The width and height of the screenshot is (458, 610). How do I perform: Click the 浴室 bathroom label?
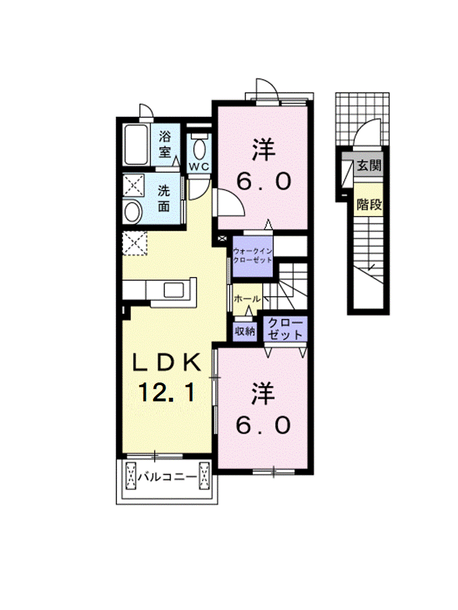[x=165, y=144]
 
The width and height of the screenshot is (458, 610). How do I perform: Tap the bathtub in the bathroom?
[x=136, y=145]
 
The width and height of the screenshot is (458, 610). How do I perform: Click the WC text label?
[x=199, y=166]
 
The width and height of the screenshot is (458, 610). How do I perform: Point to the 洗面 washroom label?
[x=164, y=198]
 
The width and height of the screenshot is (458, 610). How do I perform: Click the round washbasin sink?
[x=133, y=212]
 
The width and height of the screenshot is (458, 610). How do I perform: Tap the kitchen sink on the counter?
[x=174, y=290]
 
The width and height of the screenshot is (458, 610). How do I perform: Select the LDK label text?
[x=167, y=363]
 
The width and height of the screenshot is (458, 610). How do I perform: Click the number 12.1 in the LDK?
[x=167, y=392]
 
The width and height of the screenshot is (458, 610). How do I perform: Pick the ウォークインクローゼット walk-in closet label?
[x=253, y=255]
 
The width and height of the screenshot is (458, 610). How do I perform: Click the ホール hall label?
[x=247, y=299]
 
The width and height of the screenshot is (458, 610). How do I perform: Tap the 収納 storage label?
[x=244, y=331]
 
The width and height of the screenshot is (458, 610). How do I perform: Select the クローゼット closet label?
[x=286, y=329]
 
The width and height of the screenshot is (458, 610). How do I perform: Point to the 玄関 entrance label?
[x=369, y=165]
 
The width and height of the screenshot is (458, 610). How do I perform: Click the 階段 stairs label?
[x=369, y=204]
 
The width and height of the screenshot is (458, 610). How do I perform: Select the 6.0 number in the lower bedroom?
[x=263, y=425]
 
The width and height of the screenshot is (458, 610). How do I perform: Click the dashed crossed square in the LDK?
[x=135, y=243]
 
